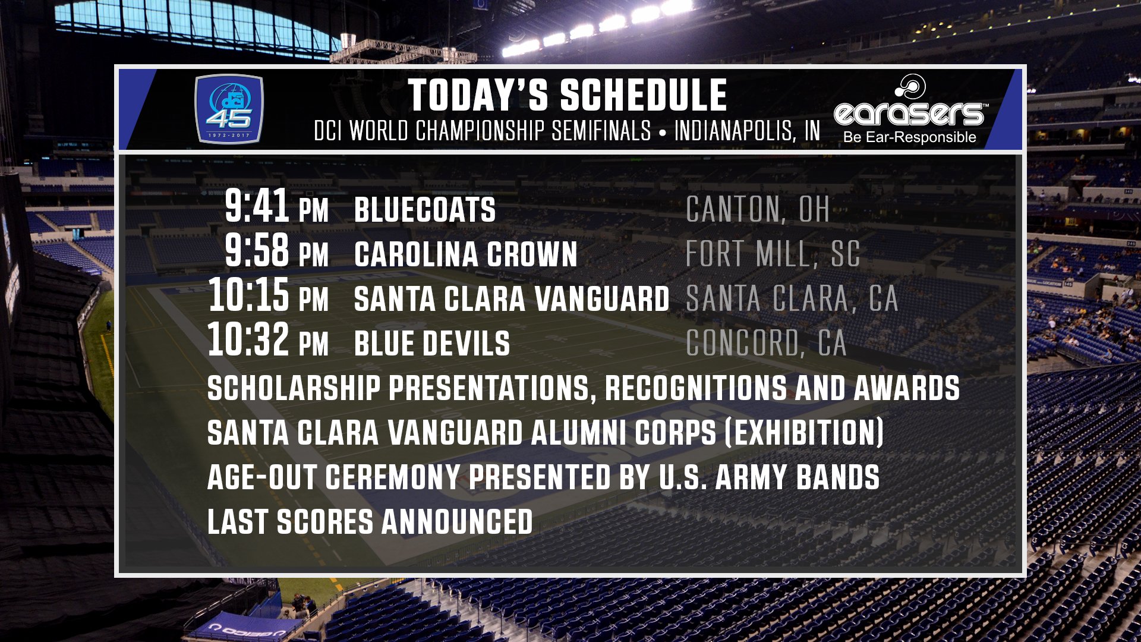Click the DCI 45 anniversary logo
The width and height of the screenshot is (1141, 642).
pos(229,109)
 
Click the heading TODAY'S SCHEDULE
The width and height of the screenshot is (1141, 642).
pos(568,95)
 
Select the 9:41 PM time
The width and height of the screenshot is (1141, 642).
pos(276,206)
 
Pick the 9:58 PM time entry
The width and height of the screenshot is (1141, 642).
pos(276,251)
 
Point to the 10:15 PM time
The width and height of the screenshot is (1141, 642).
pos(268,295)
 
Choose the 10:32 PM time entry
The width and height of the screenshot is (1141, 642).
pos(268,340)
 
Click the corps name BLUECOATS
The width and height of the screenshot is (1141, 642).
pos(425,210)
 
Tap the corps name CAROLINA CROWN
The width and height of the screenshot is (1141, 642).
pos(466,254)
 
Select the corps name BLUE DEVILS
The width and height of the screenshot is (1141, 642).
pos(432,344)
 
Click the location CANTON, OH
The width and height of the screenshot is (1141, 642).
pos(758,210)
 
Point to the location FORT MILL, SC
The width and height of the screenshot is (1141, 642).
pos(773,254)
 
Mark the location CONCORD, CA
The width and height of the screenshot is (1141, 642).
pos(767,344)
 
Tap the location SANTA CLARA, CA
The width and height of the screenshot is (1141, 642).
pos(792,299)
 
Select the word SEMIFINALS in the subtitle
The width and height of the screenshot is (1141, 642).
pos(601,131)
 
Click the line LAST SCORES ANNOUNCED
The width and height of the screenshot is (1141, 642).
pos(370,522)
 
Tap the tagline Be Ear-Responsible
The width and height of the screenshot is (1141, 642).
pos(910,137)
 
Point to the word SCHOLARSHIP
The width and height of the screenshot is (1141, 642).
pos(294,388)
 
